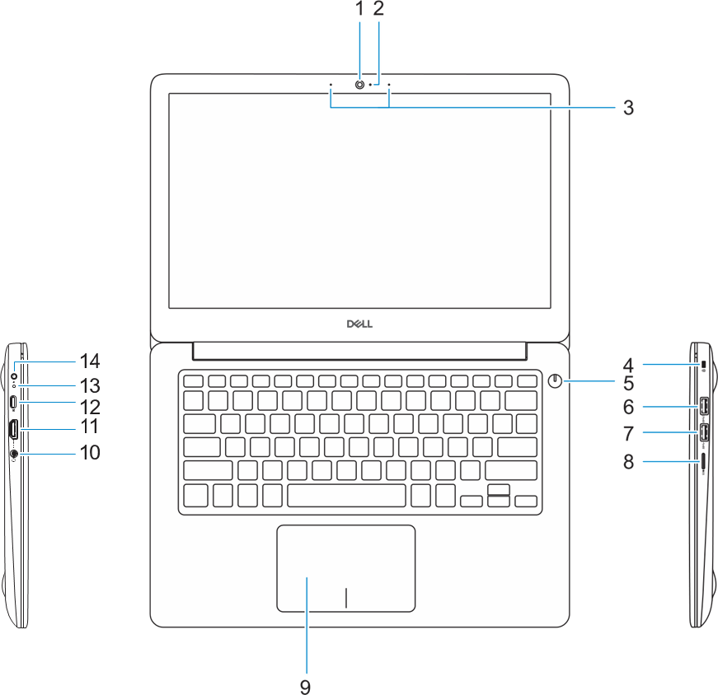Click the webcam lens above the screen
(x=360, y=85)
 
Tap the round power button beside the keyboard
(x=555, y=380)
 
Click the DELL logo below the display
(x=360, y=324)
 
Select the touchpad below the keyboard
(x=346, y=568)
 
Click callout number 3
(x=628, y=108)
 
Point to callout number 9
(x=306, y=686)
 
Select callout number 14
(x=90, y=361)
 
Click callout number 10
(x=90, y=452)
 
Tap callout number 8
(x=628, y=462)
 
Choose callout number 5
(x=628, y=384)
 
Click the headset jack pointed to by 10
(x=14, y=454)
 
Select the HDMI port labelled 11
(x=14, y=430)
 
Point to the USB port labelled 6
(x=704, y=405)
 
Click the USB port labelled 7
(x=704, y=432)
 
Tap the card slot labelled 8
(x=703, y=461)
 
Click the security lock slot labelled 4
(x=703, y=364)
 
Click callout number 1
(x=360, y=9)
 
